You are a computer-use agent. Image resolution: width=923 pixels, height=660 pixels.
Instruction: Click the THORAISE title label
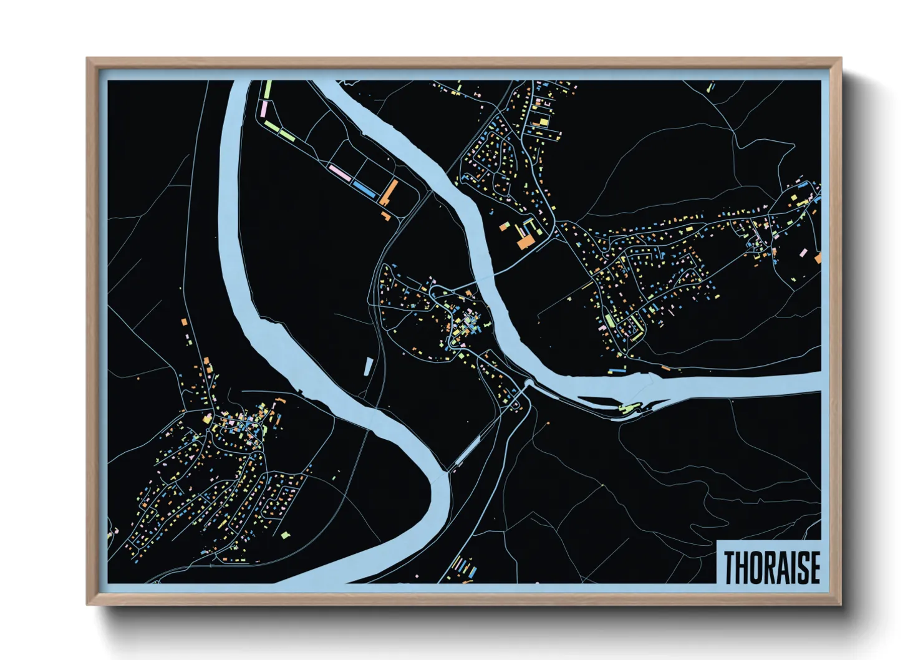771,567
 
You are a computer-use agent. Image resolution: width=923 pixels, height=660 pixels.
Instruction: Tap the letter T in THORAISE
729,568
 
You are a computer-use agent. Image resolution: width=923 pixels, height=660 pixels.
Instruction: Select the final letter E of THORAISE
814,568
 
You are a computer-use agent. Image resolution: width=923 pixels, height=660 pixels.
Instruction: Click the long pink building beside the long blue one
340,172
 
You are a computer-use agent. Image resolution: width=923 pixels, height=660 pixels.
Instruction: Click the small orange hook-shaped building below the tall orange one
386,216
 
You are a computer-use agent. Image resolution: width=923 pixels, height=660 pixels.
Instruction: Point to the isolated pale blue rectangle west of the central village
368,367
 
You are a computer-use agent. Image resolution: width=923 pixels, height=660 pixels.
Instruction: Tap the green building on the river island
626,408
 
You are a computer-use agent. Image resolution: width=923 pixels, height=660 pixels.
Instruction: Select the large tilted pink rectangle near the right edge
803,253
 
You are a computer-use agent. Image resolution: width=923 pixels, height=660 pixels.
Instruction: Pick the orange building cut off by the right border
818,258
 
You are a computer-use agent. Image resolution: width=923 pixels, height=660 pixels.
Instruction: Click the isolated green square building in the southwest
285,535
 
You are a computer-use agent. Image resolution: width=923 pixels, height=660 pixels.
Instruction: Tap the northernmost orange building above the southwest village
184,322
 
